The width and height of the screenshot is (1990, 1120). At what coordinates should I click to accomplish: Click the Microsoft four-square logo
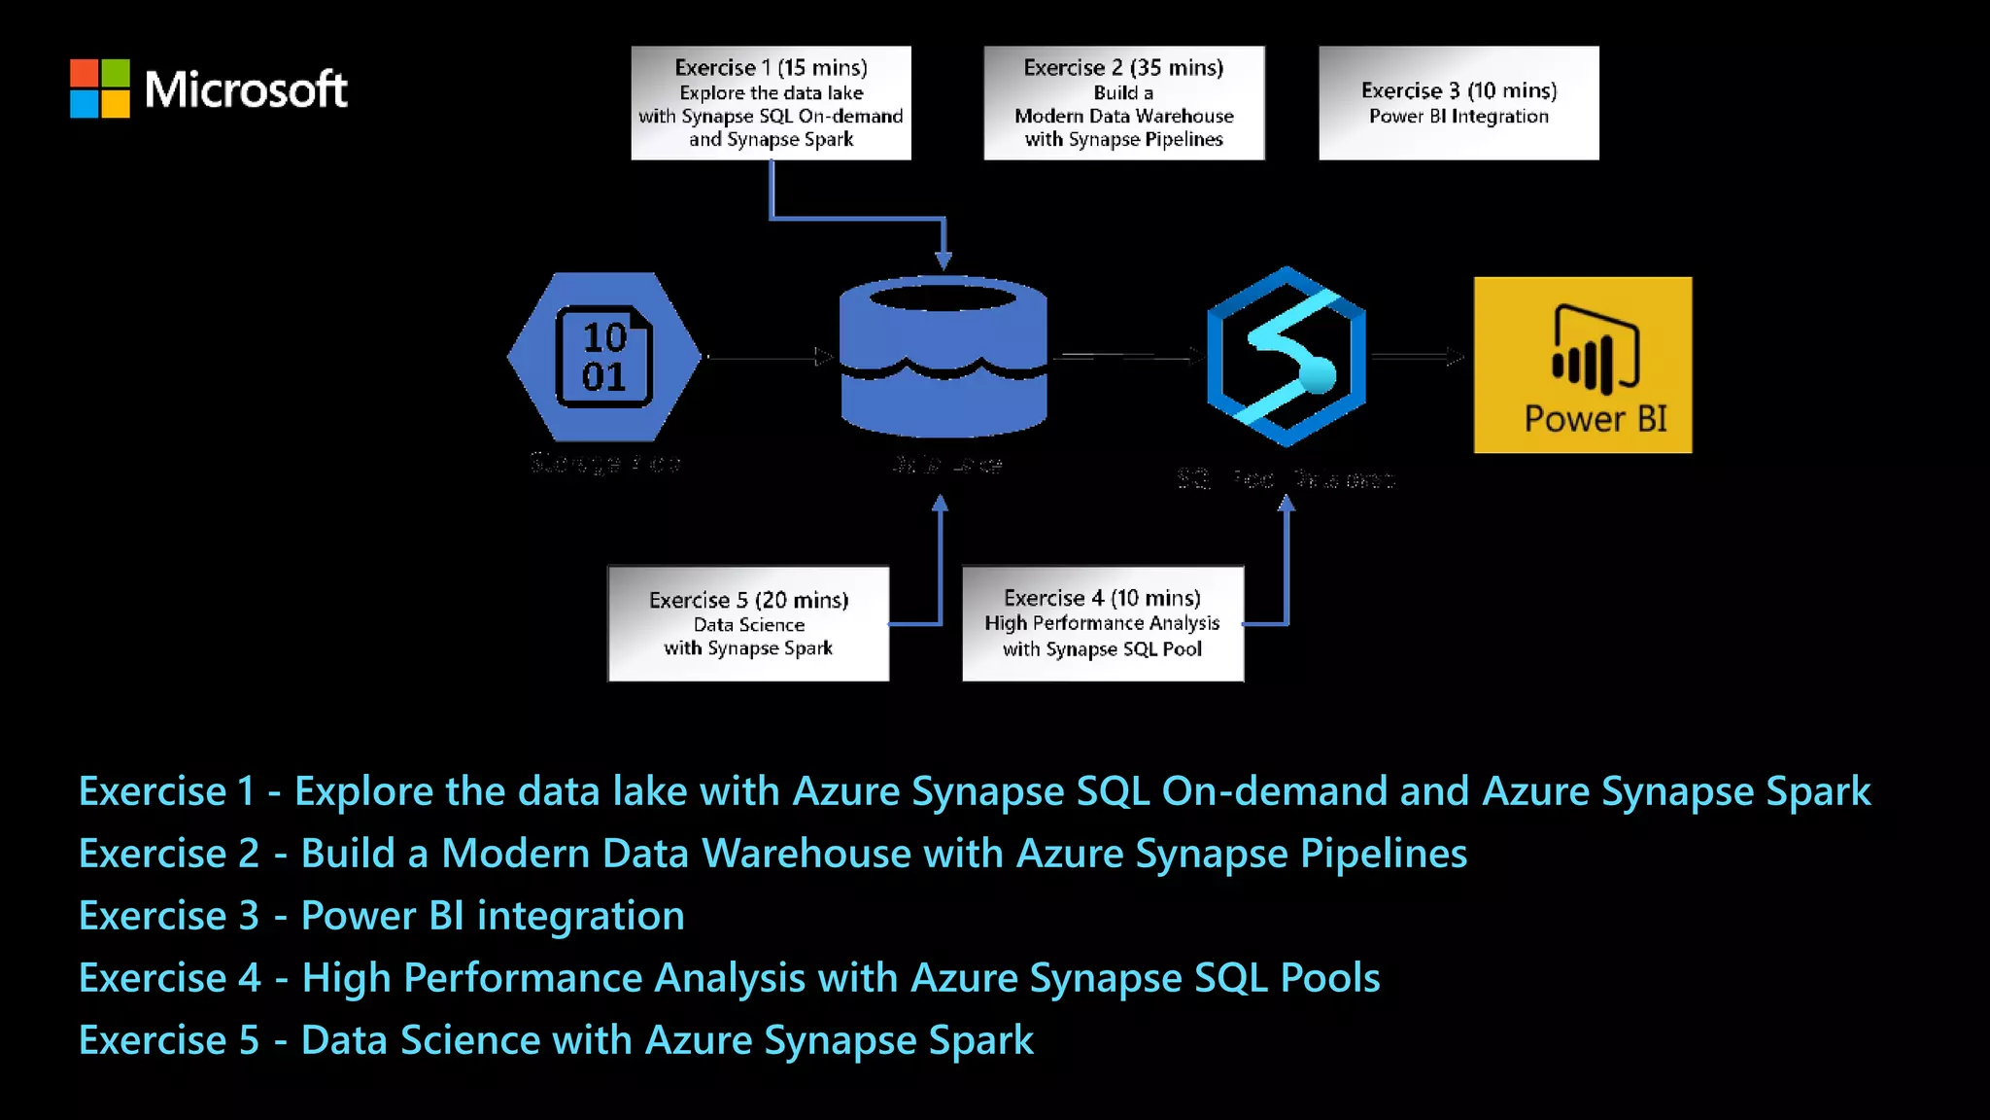coord(99,88)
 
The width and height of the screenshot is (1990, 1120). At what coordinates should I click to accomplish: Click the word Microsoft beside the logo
coord(245,89)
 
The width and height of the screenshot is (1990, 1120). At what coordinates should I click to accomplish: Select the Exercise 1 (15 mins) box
coord(771,102)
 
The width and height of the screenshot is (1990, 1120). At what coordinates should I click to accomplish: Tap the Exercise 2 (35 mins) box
coord(1123,102)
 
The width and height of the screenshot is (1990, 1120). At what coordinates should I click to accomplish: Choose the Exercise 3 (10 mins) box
coord(1458,102)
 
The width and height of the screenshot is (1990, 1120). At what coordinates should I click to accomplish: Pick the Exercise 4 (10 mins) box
coord(1102,623)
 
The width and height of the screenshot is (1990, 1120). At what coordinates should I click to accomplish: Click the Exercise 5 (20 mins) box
coord(748,623)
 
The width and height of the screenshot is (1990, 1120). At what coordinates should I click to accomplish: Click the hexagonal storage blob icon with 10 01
coord(603,357)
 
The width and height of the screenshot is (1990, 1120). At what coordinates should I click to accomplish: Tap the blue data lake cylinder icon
coord(943,357)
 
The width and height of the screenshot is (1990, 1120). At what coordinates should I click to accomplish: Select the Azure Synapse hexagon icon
coord(1286,357)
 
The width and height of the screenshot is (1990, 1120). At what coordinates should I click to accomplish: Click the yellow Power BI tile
coord(1582,365)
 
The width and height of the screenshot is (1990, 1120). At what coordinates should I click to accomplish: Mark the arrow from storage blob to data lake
coord(768,358)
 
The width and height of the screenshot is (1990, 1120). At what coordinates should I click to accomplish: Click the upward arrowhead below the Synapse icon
coord(1286,504)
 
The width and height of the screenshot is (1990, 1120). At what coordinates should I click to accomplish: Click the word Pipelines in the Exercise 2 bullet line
coord(1383,854)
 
